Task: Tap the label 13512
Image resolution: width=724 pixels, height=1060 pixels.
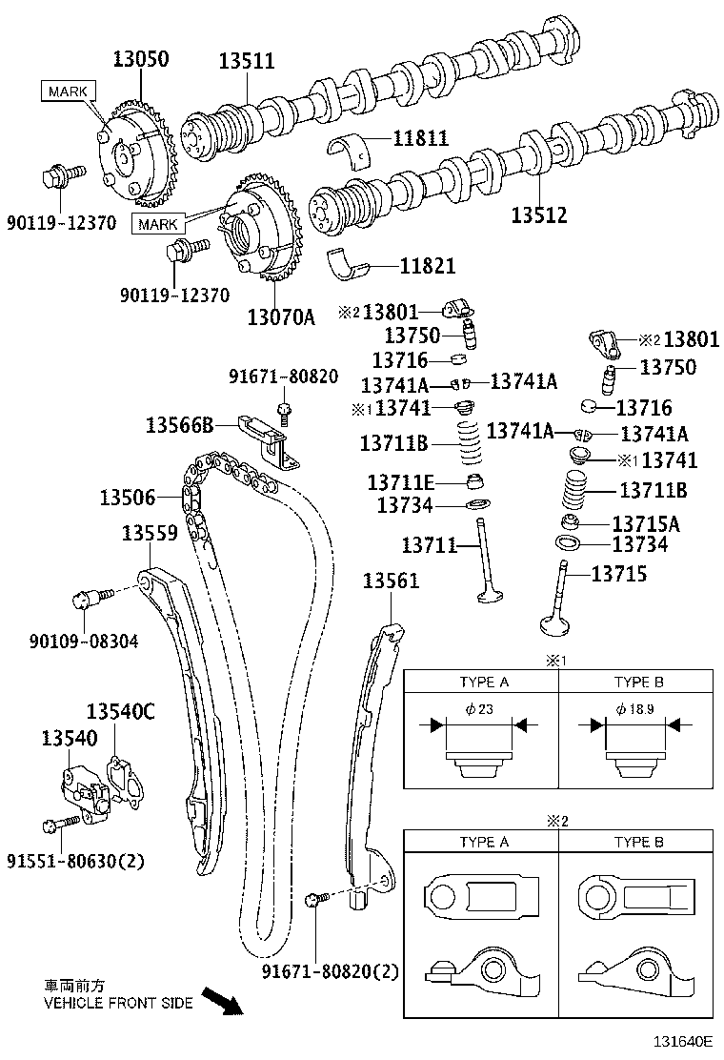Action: tap(538, 215)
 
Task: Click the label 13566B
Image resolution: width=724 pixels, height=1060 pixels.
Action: tap(179, 424)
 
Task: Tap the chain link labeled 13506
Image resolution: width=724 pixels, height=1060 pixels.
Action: tap(190, 498)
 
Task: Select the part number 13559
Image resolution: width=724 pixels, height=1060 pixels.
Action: tap(149, 534)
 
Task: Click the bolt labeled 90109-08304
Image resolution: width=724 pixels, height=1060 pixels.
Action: tap(86, 600)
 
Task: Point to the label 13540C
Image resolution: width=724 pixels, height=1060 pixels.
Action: tap(120, 711)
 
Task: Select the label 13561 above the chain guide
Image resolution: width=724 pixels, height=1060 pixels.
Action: tap(391, 581)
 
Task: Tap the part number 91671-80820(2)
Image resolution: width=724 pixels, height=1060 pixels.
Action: tap(330, 972)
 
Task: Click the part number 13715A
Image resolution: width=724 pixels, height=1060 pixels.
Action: tap(645, 523)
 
